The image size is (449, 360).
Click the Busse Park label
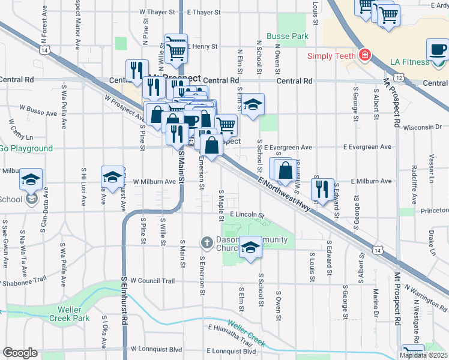(288, 36)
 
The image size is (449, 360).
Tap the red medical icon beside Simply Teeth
(364, 56)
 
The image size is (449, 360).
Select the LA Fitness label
(409, 62)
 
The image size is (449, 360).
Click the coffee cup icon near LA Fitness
(438, 49)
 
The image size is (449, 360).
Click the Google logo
(20, 353)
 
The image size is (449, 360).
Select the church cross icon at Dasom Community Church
(206, 242)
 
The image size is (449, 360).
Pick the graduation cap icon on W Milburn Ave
(112, 176)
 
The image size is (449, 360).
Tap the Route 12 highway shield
(399, 70)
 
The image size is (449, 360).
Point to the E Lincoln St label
(247, 214)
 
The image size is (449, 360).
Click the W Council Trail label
(152, 281)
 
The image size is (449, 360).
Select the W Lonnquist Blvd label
(155, 349)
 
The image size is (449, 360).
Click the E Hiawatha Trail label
(231, 332)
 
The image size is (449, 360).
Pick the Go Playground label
(26, 148)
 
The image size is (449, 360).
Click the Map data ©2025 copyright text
(423, 355)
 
